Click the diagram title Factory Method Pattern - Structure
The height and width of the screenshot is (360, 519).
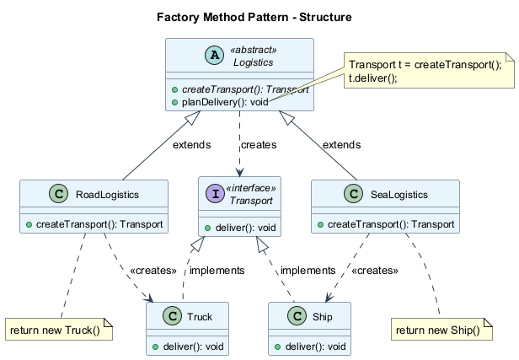254,17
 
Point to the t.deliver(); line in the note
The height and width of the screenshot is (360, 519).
372,78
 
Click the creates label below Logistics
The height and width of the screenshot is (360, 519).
258,145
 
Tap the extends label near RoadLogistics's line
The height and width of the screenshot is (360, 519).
192,145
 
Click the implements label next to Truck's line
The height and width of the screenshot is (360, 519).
217,271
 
